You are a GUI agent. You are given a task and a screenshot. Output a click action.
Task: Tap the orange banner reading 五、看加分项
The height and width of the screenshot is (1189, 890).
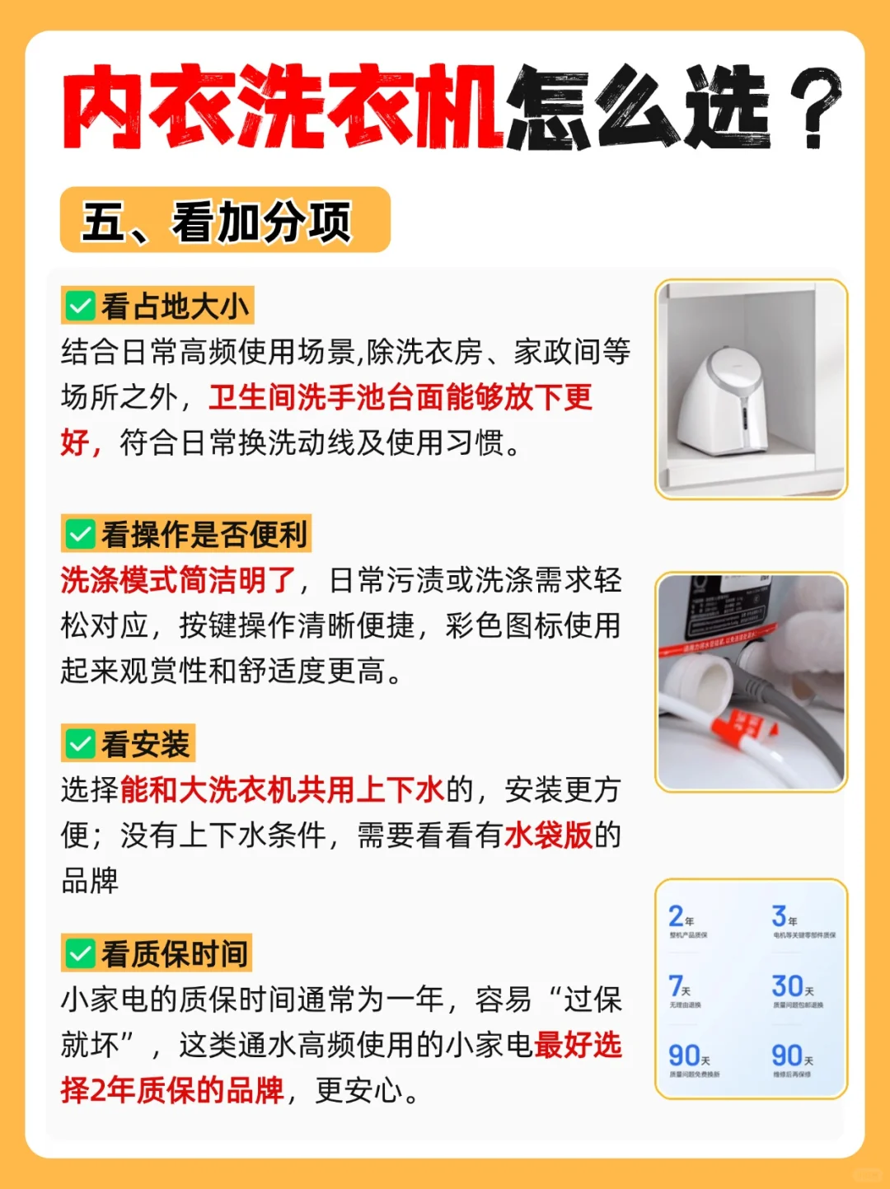point(224,221)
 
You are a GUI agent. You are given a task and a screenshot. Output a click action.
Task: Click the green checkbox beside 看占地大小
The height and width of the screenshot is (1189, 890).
point(80,307)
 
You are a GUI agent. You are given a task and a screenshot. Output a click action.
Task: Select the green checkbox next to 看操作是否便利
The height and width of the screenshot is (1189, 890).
point(80,535)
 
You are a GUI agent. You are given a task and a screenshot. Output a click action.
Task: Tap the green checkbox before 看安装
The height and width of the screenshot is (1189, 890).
point(80,745)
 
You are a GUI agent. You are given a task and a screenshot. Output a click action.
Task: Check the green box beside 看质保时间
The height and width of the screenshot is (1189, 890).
point(80,954)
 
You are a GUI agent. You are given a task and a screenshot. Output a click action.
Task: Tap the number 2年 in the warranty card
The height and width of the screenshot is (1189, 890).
point(680,916)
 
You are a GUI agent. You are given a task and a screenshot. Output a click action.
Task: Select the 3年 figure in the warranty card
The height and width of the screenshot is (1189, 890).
point(783,916)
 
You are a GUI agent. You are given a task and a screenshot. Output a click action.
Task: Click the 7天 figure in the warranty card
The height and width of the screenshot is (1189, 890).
point(679,986)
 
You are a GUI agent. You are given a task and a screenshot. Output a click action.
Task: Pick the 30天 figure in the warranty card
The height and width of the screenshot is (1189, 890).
point(792,986)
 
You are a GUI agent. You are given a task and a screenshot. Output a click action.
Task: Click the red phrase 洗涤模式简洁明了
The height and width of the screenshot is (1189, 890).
point(178,580)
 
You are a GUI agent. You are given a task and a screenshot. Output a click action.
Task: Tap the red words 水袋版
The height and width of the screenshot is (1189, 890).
point(548,836)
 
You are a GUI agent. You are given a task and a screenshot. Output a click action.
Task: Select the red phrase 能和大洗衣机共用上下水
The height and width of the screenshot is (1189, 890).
point(282,790)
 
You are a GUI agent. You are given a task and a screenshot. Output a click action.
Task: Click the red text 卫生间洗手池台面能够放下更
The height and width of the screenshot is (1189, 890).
point(400,397)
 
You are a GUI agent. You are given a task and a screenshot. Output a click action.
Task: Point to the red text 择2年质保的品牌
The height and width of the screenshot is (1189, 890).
point(172,1090)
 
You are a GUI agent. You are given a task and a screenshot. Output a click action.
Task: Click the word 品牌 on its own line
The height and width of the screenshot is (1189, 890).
point(90,881)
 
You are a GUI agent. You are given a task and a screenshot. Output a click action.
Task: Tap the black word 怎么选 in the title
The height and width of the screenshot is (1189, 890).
point(639,107)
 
